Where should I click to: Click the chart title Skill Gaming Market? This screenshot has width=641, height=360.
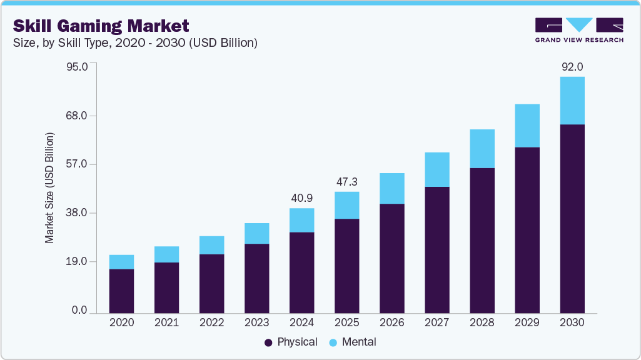pyautogui.click(x=101, y=26)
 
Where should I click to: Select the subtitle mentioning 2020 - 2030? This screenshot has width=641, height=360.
pyautogui.click(x=135, y=43)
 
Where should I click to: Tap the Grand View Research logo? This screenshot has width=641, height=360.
pyautogui.click(x=578, y=30)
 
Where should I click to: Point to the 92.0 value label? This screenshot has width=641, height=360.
pyautogui.click(x=572, y=66)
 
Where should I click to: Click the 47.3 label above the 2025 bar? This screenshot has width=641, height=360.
pyautogui.click(x=346, y=181)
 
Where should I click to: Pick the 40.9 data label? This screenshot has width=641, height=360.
pyautogui.click(x=301, y=198)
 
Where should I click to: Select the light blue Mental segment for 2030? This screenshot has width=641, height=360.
pyautogui.click(x=572, y=101)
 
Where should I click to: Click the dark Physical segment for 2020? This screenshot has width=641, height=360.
pyautogui.click(x=121, y=291)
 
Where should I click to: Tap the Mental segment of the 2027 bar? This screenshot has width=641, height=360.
pyautogui.click(x=437, y=169)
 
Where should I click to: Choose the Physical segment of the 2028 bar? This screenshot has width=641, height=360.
pyautogui.click(x=482, y=241)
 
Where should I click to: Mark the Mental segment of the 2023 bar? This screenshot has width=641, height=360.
pyautogui.click(x=256, y=233)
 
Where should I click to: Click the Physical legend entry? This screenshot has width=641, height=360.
pyautogui.click(x=291, y=342)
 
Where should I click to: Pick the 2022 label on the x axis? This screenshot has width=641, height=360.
pyautogui.click(x=211, y=322)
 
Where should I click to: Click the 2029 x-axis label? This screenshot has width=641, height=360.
pyautogui.click(x=527, y=322)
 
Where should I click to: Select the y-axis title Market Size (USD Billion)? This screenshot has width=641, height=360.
pyautogui.click(x=49, y=188)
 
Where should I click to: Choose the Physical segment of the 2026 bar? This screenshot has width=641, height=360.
pyautogui.click(x=391, y=258)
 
